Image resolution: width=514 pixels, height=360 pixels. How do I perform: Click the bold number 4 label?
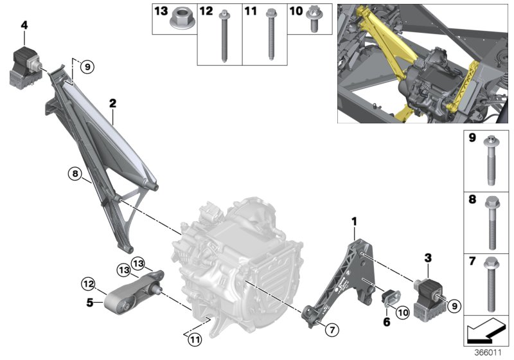tap(24, 25)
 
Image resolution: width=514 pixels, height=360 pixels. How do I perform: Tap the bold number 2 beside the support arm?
tap(112, 102)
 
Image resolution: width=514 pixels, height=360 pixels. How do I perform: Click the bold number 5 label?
tap(90, 301)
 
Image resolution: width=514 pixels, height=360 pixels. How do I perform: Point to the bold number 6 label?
tap(387, 321)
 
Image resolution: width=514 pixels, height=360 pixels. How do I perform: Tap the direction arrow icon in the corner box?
tap(485, 332)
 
